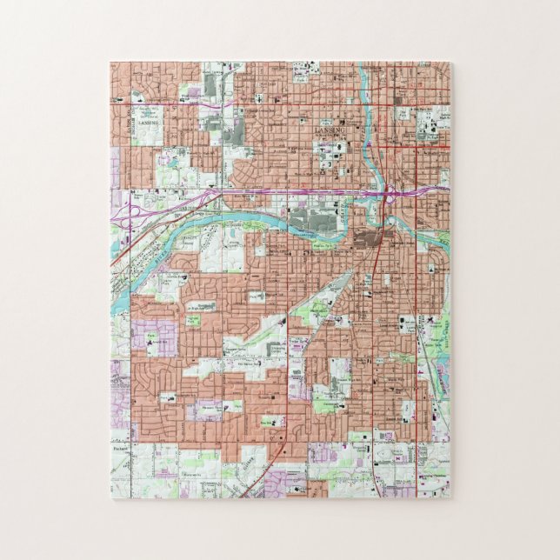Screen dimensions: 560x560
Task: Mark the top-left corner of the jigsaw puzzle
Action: click(x=110, y=63)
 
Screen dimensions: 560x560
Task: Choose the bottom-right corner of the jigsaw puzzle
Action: click(x=450, y=498)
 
